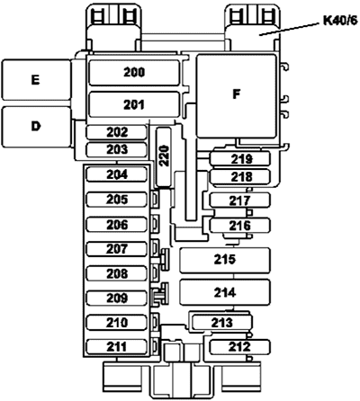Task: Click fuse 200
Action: pyautogui.click(x=134, y=73)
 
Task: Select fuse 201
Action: pyautogui.click(x=134, y=104)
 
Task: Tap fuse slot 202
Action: pyautogui.click(x=117, y=132)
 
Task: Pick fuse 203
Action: pyautogui.click(x=117, y=149)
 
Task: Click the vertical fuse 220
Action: pyautogui.click(x=164, y=156)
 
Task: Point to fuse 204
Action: pyautogui.click(x=117, y=174)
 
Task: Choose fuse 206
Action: pyautogui.click(x=117, y=225)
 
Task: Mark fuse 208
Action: pyautogui.click(x=117, y=273)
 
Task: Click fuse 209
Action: pyautogui.click(x=117, y=298)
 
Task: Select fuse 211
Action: pyautogui.click(x=117, y=347)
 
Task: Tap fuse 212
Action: pyautogui.click(x=239, y=347)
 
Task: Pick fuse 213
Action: pyautogui.click(x=222, y=323)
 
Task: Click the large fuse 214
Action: pyautogui.click(x=225, y=292)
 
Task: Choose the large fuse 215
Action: pyautogui.click(x=225, y=260)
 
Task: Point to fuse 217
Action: pyautogui.click(x=239, y=200)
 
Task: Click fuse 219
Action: pyautogui.click(x=239, y=159)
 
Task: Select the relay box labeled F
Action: pyautogui.click(x=236, y=96)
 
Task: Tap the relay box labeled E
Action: pyautogui.click(x=36, y=80)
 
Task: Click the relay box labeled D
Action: pyautogui.click(x=36, y=127)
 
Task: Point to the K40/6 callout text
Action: pyautogui.click(x=340, y=21)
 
